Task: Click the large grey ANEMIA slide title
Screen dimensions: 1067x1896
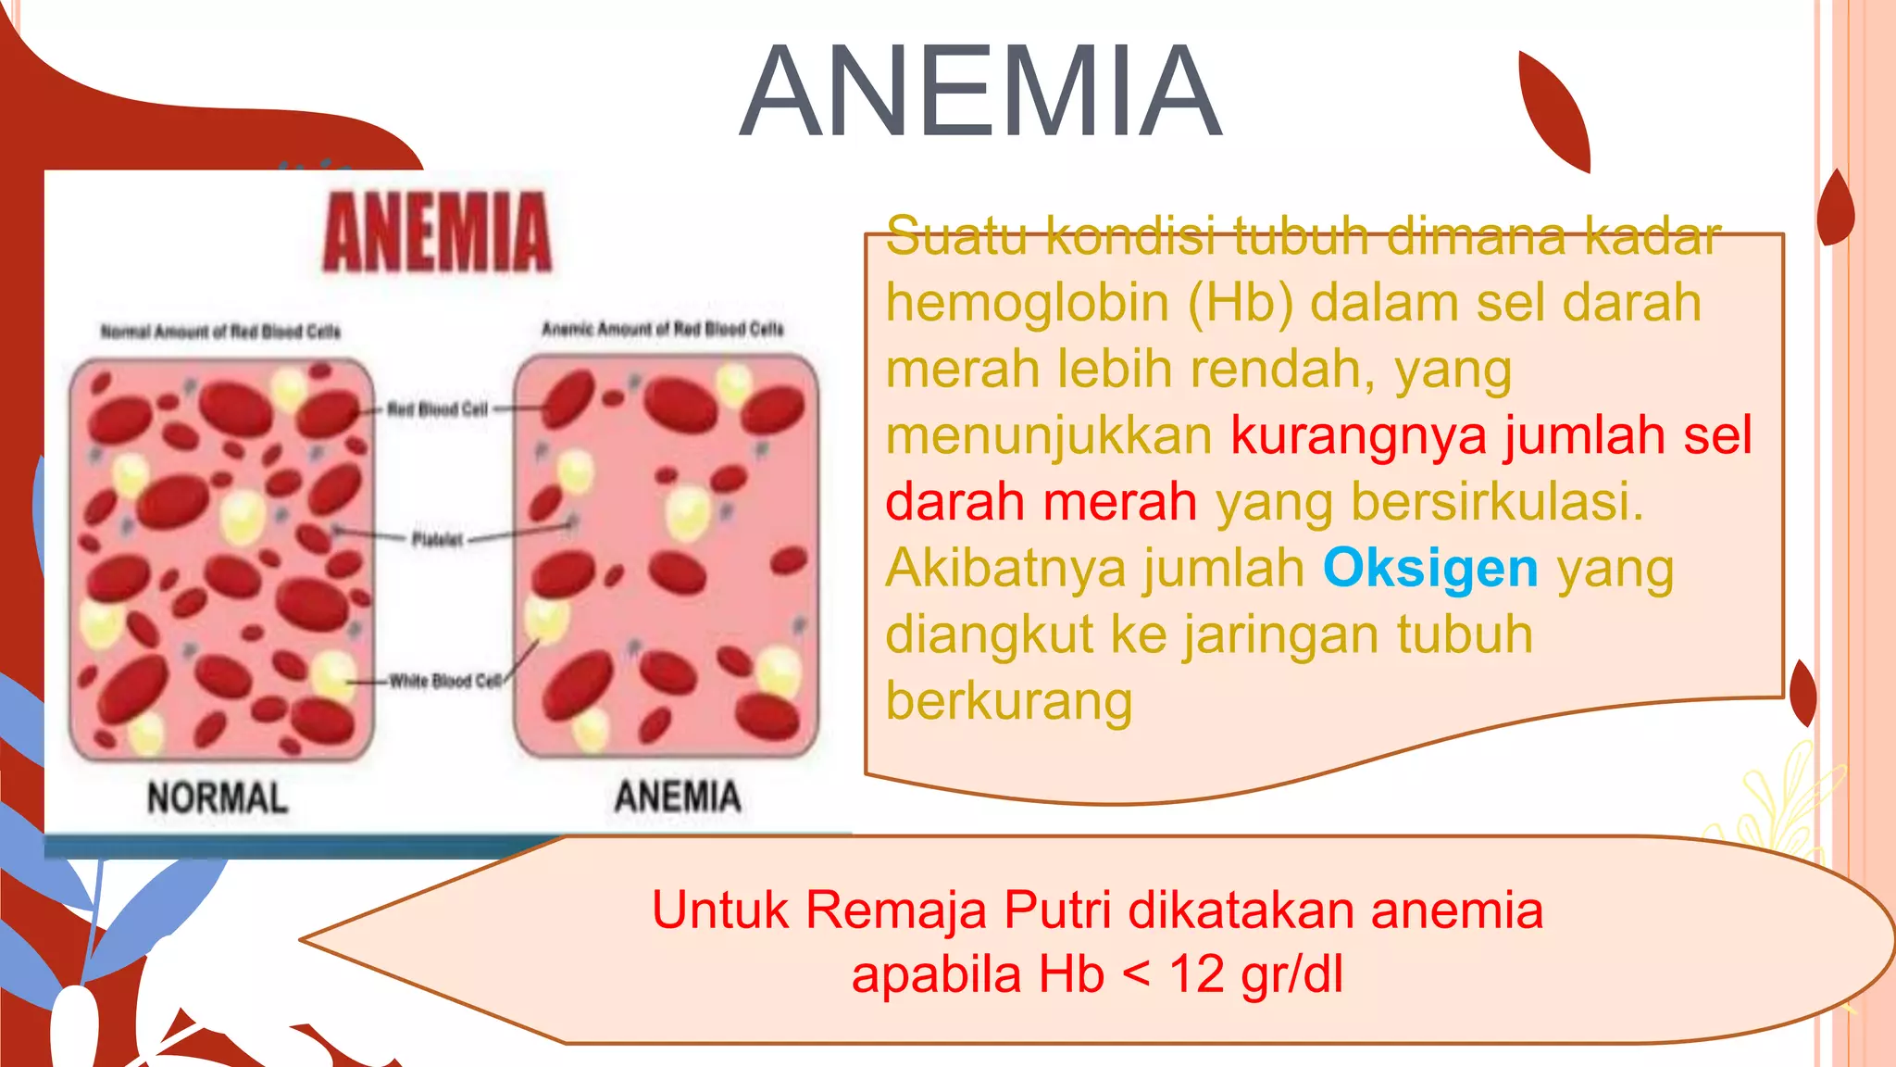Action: click(981, 93)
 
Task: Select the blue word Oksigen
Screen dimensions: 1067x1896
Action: click(1429, 568)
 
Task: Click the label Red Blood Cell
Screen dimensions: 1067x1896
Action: click(437, 409)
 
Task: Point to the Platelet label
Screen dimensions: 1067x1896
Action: click(437, 539)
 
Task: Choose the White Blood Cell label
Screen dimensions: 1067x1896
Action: click(444, 681)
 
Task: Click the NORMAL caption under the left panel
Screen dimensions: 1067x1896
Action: click(218, 798)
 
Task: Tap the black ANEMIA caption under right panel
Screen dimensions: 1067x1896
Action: click(678, 797)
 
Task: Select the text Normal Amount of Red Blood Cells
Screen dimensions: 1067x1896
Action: click(220, 332)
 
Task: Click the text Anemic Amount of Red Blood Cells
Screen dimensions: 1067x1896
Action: click(663, 329)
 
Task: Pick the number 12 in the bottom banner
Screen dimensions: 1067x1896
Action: click(1197, 974)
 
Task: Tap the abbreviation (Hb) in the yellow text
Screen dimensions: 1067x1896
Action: click(1240, 303)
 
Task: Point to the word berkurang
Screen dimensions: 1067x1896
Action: click(1009, 701)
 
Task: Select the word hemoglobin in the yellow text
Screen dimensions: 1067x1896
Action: click(1028, 303)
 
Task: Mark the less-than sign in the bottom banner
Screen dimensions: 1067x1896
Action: click(1136, 974)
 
